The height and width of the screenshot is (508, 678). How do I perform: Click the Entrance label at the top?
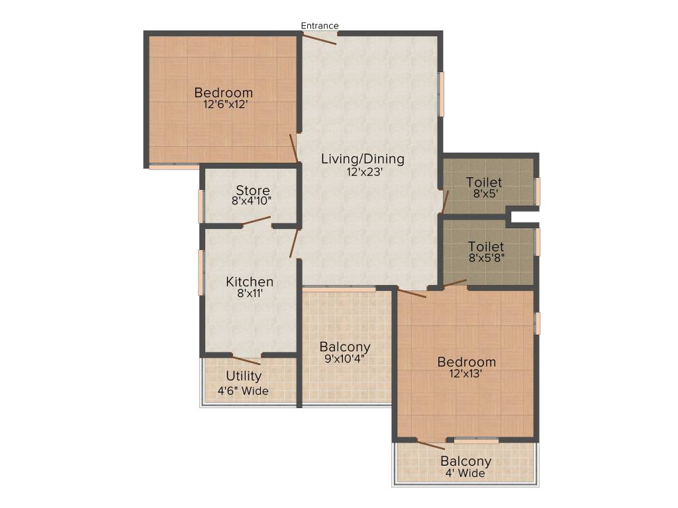click(320, 26)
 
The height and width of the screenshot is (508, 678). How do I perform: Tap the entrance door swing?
click(320, 38)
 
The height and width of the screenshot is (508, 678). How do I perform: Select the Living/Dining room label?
click(362, 159)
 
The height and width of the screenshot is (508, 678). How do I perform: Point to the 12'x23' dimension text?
click(362, 171)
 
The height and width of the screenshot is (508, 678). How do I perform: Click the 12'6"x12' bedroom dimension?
click(223, 105)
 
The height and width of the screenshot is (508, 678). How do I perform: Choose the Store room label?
click(253, 191)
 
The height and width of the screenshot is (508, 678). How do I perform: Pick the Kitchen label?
click(250, 282)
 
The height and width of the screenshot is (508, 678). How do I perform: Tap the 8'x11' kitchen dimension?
click(250, 294)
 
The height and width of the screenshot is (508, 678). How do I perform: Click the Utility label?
click(244, 376)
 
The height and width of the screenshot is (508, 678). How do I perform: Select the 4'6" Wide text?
click(244, 391)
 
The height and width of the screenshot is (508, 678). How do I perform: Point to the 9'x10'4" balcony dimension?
click(345, 359)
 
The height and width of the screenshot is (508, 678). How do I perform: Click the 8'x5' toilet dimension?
click(484, 194)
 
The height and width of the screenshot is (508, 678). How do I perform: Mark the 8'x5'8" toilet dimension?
click(486, 259)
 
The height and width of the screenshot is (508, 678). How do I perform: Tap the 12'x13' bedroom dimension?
click(466, 373)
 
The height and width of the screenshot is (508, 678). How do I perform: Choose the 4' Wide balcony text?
click(466, 474)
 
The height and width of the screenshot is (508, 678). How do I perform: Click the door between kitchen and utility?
click(246, 359)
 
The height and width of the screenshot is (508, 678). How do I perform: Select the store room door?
click(257, 222)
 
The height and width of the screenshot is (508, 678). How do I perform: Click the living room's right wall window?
click(441, 94)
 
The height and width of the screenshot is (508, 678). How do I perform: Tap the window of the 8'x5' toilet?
click(538, 191)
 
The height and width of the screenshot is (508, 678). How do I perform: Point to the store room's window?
click(201, 206)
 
